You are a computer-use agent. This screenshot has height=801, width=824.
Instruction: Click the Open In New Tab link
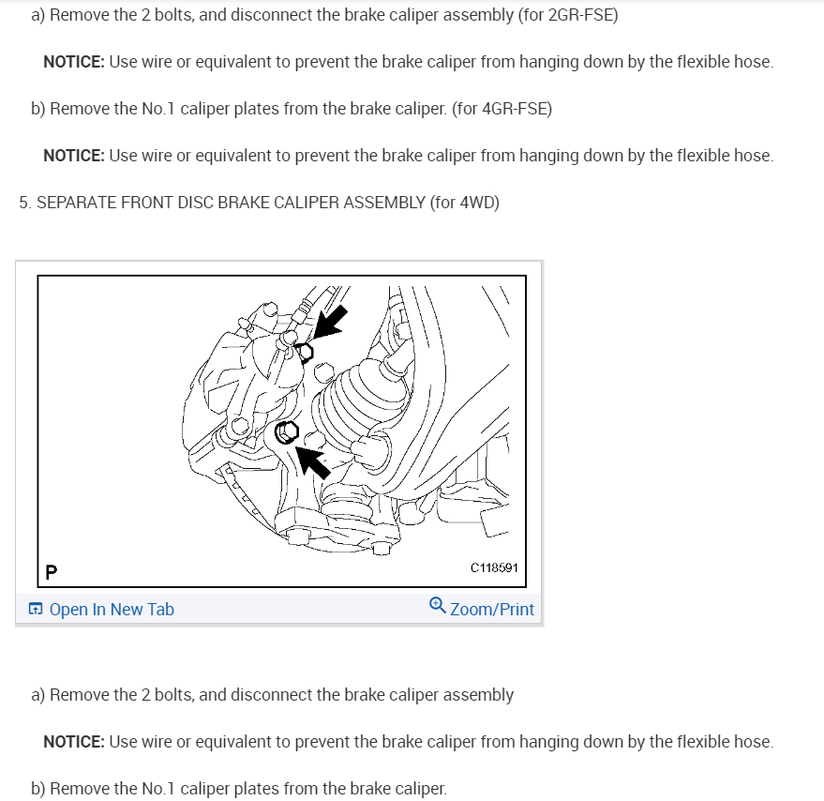tap(111, 610)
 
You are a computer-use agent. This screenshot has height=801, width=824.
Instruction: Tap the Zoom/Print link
tap(491, 610)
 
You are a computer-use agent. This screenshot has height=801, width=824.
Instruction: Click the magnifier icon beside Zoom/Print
tap(437, 606)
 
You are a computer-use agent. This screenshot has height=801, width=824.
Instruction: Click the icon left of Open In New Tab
tap(35, 610)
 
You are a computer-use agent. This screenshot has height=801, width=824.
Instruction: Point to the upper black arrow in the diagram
tap(329, 321)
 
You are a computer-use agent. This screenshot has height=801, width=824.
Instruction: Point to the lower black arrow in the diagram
tap(313, 461)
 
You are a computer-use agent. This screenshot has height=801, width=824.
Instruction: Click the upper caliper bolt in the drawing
tap(305, 351)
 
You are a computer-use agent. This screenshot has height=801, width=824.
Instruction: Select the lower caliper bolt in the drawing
tap(287, 431)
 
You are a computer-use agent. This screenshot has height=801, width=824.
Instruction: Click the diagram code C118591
tap(493, 567)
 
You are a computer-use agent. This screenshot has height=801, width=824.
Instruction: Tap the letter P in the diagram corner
tap(50, 570)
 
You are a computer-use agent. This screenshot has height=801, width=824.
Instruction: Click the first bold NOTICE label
tap(73, 62)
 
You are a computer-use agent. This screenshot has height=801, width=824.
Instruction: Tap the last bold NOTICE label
tap(73, 742)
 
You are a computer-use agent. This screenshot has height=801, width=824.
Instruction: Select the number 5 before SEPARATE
tap(23, 203)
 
